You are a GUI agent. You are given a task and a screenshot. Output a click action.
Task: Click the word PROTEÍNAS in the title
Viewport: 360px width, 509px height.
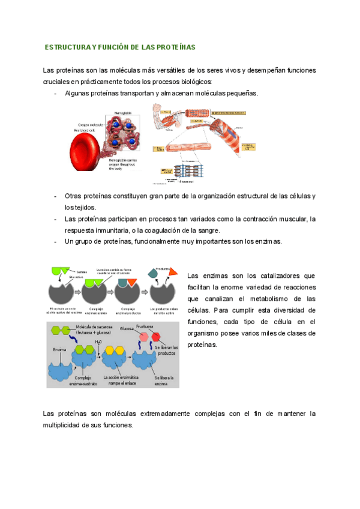click(x=175, y=47)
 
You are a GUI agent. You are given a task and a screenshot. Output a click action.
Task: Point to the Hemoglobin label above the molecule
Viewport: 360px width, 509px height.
click(x=124, y=113)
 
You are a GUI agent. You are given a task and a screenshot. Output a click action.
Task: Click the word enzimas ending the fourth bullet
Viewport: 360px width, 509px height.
click(x=268, y=241)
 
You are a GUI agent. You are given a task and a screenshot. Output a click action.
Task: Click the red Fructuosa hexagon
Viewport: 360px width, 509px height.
click(x=156, y=336)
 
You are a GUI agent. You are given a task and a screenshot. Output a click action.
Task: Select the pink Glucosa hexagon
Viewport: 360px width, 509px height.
click(x=144, y=338)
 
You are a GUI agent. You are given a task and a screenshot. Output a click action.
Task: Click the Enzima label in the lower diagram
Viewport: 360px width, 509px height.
click(x=59, y=348)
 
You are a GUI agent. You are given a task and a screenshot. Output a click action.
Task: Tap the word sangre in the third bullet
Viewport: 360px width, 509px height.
click(x=207, y=230)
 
